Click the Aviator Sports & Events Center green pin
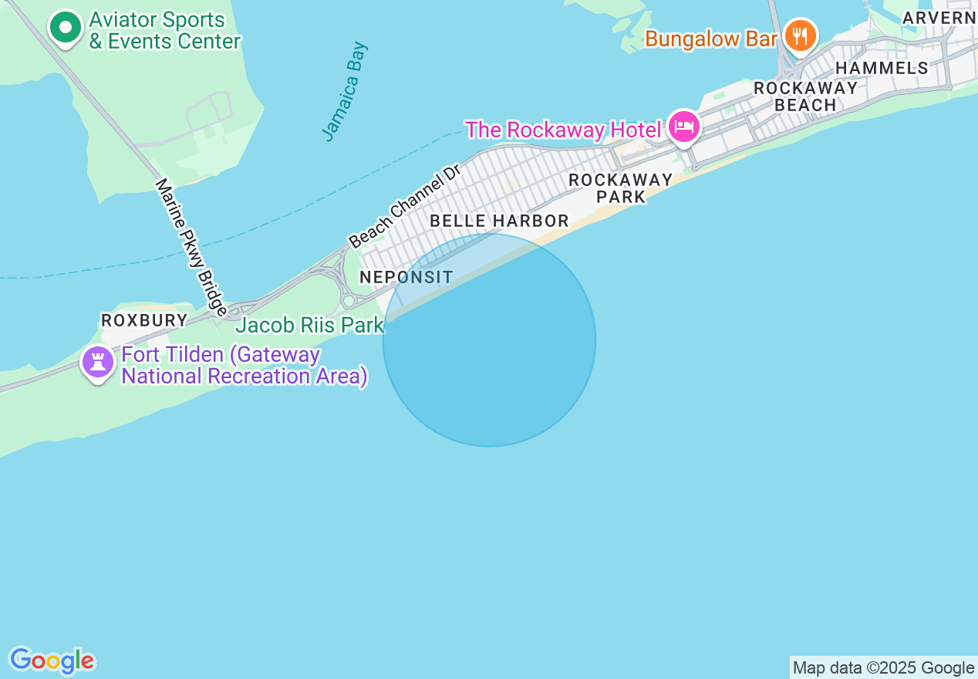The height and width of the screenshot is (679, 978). click(66, 29)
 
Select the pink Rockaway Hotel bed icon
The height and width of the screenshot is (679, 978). click(683, 127)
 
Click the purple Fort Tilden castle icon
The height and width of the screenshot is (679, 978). click(98, 362)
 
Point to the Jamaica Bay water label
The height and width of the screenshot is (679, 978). click(345, 91)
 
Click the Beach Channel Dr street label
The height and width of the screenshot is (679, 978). click(404, 206)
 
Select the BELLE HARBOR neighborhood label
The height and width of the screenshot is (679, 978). click(499, 221)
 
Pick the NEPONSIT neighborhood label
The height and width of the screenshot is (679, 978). click(406, 276)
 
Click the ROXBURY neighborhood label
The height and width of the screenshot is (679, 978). click(144, 319)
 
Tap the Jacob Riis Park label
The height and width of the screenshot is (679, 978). click(309, 325)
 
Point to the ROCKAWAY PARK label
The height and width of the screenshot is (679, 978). click(621, 188)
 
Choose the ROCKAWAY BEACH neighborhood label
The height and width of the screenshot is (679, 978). click(805, 96)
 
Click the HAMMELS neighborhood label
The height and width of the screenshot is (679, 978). click(882, 68)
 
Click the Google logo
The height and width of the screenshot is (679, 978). click(52, 660)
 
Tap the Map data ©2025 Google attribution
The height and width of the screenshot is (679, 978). click(884, 667)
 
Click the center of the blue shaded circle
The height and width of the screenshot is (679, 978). click(489, 339)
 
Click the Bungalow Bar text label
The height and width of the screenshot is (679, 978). click(710, 39)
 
